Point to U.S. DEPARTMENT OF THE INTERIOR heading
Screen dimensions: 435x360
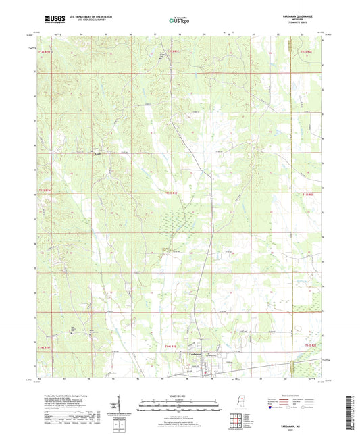tap(88, 16)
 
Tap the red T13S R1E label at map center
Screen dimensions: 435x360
tap(172, 193)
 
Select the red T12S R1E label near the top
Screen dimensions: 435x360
tap(174, 51)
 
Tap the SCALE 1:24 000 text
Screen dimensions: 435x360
tap(179, 396)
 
